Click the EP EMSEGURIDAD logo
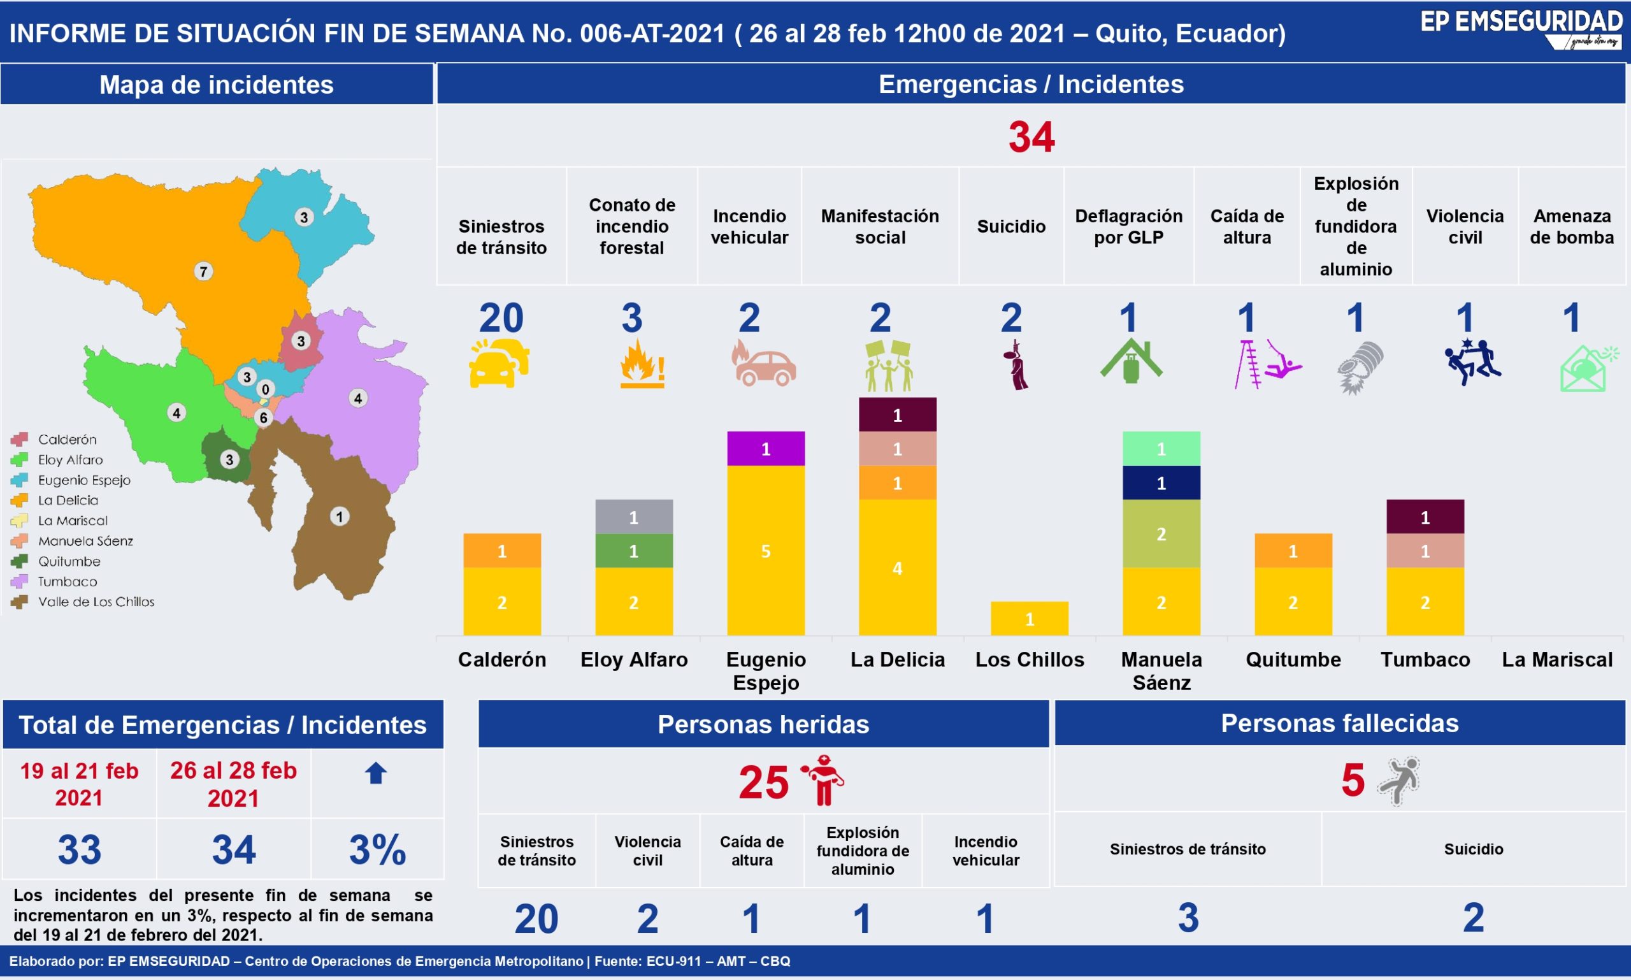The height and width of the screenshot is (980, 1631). (x=1521, y=29)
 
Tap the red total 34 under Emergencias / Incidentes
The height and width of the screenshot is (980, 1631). (x=1031, y=137)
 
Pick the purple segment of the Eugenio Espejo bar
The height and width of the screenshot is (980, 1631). (x=766, y=449)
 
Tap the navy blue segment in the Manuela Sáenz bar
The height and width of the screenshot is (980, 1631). (x=1161, y=483)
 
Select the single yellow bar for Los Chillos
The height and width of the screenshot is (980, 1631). (x=1030, y=618)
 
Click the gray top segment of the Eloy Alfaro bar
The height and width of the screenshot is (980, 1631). (x=634, y=516)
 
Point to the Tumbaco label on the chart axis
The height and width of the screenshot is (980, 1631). (x=1425, y=659)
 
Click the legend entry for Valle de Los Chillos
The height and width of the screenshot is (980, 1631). (x=83, y=602)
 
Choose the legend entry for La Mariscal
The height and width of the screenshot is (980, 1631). (x=59, y=521)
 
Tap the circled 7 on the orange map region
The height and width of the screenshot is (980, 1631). (x=203, y=271)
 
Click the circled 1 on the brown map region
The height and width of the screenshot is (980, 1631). (x=340, y=516)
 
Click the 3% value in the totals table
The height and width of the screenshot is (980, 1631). (x=377, y=849)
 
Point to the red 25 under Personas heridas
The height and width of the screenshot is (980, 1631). (x=763, y=782)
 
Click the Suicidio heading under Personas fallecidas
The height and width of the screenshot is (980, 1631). (x=1473, y=849)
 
